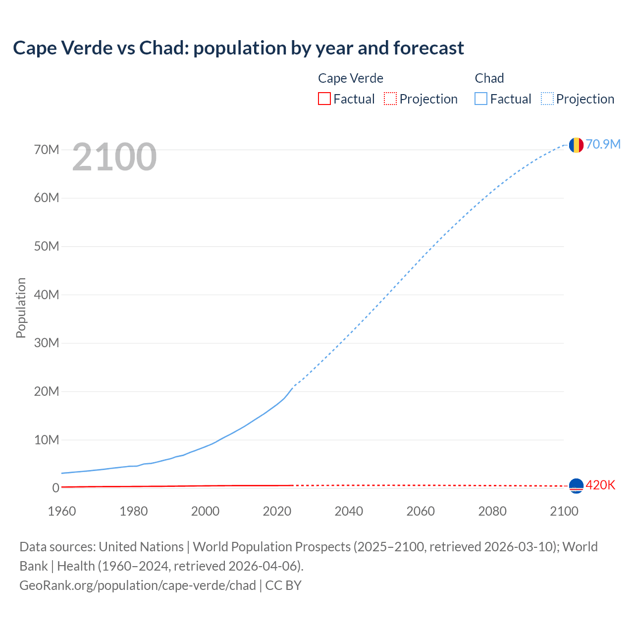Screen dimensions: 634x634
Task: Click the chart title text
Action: [x=238, y=48]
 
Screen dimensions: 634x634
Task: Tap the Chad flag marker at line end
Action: [x=576, y=145]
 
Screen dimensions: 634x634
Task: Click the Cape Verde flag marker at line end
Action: [x=576, y=486]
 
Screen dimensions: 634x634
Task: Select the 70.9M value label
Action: [x=603, y=144]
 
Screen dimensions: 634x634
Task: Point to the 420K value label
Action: [x=600, y=485]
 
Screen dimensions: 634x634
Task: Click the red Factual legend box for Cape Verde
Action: [x=324, y=99]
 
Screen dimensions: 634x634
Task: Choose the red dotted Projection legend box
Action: [x=390, y=99]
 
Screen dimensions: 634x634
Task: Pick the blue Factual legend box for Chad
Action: [x=480, y=99]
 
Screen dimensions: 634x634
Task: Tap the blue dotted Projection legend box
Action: [x=547, y=99]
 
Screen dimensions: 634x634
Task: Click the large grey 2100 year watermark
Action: [x=114, y=157]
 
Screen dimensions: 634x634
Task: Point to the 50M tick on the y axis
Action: [x=47, y=246]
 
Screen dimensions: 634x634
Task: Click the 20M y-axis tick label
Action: [x=47, y=391]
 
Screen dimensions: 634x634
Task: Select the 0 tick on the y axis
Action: [x=55, y=488]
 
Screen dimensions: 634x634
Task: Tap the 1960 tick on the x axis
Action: [x=62, y=511]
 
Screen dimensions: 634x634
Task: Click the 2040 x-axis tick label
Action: [x=349, y=511]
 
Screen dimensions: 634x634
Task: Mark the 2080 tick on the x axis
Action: [x=492, y=511]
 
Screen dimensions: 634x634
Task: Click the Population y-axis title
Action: [x=21, y=308]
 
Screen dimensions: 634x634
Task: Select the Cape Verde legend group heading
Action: [x=350, y=78]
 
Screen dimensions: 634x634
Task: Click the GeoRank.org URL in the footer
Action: [x=138, y=585]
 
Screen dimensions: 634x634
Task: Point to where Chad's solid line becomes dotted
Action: [x=293, y=387]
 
